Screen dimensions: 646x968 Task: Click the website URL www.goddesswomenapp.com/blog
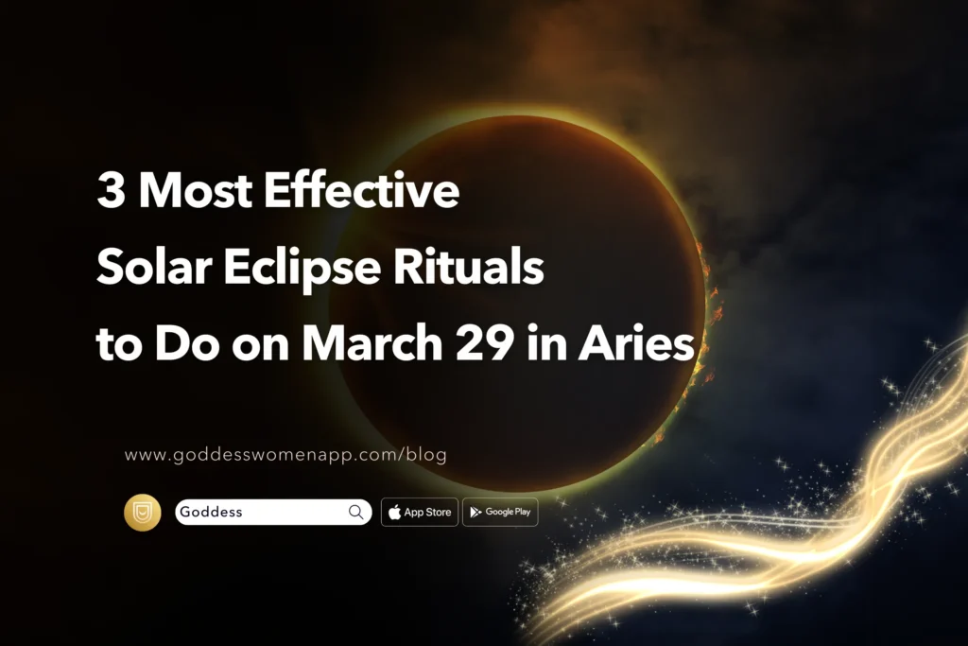click(285, 455)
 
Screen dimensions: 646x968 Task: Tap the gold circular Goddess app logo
click(143, 512)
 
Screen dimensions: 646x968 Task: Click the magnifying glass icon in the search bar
click(356, 512)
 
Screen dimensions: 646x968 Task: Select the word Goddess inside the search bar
click(213, 512)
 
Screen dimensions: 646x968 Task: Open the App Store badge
click(420, 512)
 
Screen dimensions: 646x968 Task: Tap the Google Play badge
click(500, 512)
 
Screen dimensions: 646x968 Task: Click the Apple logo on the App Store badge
click(394, 512)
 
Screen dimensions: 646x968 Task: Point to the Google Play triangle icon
click(475, 512)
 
